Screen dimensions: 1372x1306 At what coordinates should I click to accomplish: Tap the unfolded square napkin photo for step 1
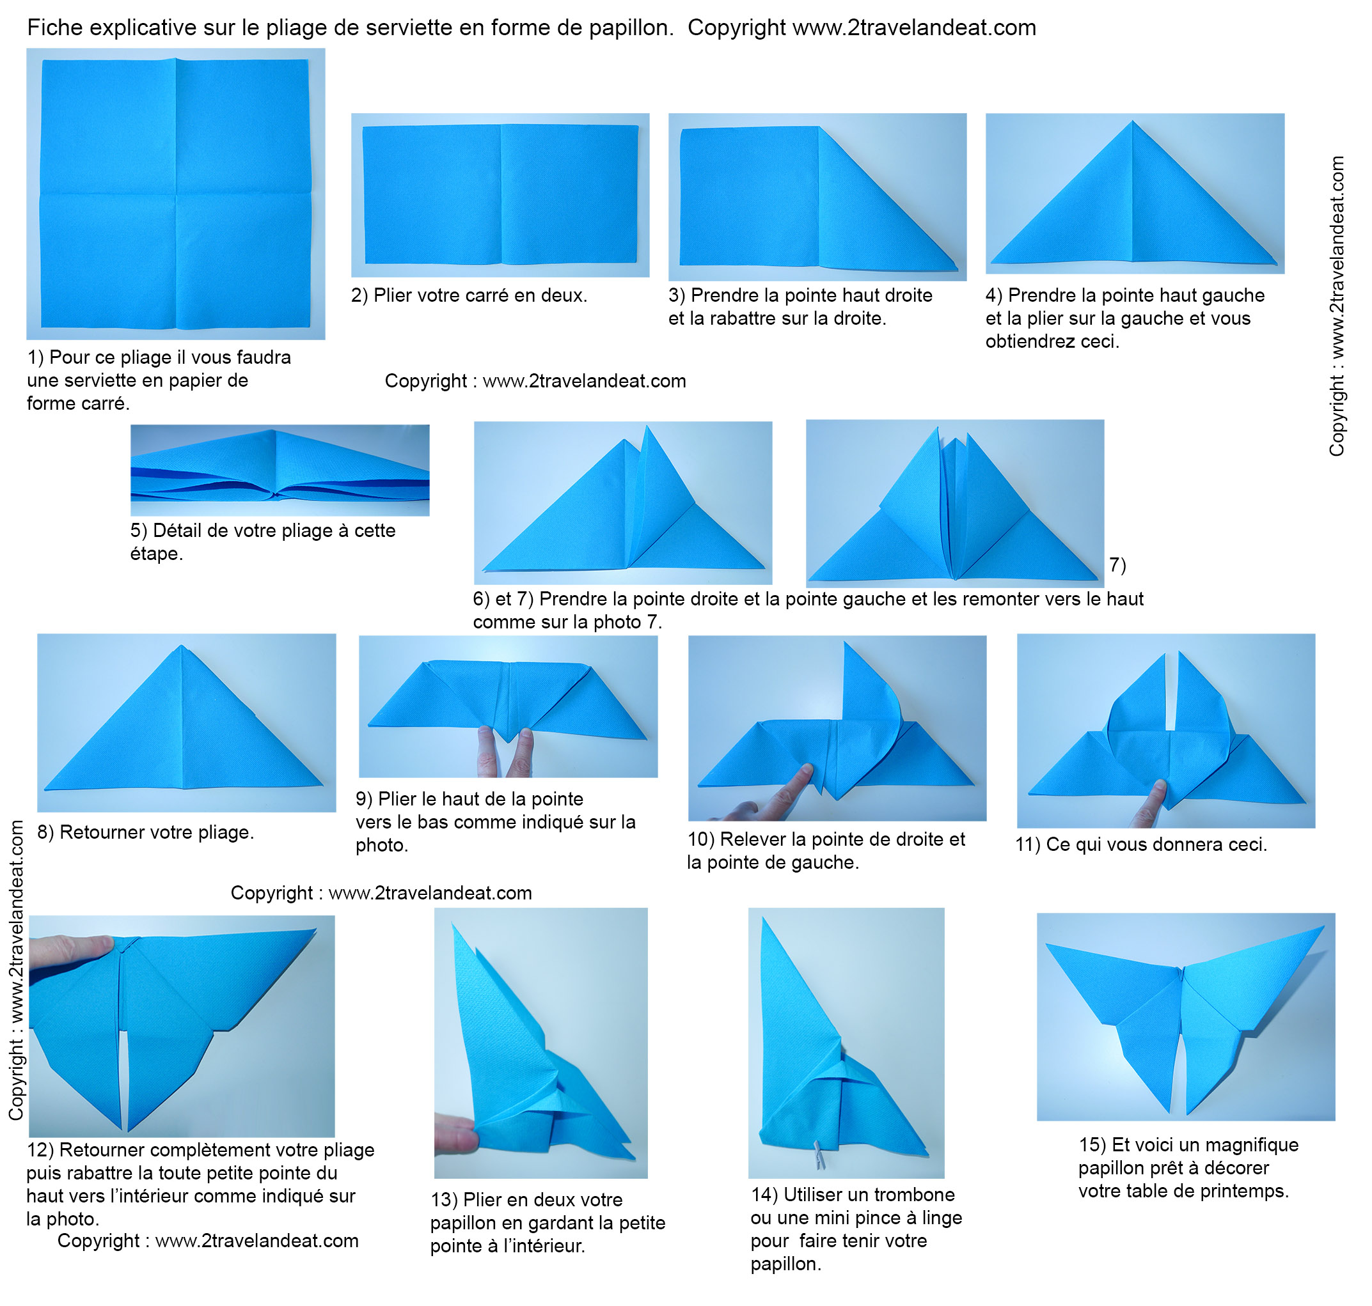pos(175,194)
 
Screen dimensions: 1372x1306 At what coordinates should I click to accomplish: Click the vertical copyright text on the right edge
pos(1336,306)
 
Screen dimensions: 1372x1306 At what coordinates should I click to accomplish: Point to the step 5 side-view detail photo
pos(280,470)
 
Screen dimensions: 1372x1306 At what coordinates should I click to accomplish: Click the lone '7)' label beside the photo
pos(1117,564)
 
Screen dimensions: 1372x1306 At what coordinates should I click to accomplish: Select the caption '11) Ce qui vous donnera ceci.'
pos(1142,844)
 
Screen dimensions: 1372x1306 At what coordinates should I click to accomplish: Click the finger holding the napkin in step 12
pos(70,951)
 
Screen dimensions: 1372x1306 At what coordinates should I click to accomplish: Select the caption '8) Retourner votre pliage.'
pos(146,832)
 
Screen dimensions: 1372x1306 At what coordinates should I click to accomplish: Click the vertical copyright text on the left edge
pos(16,970)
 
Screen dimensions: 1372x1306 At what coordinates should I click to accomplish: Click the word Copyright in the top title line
pos(737,28)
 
